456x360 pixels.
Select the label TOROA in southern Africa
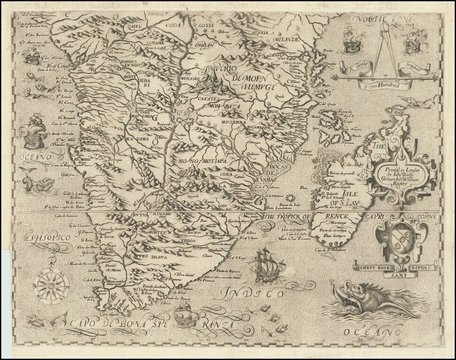[x=188, y=241]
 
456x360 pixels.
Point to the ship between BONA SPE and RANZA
[x=184, y=314]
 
